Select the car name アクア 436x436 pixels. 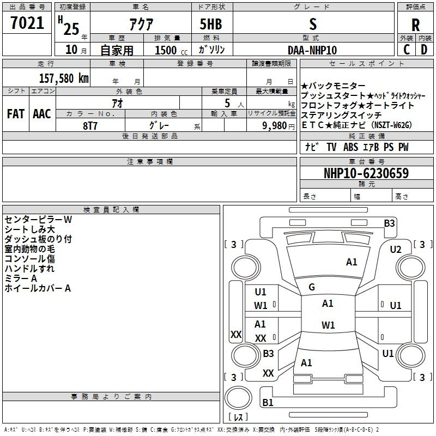coord(141,25)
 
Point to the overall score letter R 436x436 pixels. coord(415,25)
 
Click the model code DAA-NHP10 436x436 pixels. coord(312,50)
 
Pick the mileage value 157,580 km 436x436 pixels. coord(64,78)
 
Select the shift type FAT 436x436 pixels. coord(15,114)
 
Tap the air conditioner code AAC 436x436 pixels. coord(41,114)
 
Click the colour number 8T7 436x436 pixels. coord(90,125)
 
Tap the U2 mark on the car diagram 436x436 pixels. coord(396,250)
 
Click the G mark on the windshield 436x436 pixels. coord(312,287)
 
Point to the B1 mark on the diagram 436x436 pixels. coord(268,403)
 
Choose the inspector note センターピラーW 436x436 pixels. coord(38,220)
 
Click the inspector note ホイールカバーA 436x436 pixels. coord(38,288)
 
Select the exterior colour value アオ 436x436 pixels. coord(117,102)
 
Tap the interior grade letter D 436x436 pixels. coord(424,50)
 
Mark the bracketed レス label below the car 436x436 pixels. coord(238,417)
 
